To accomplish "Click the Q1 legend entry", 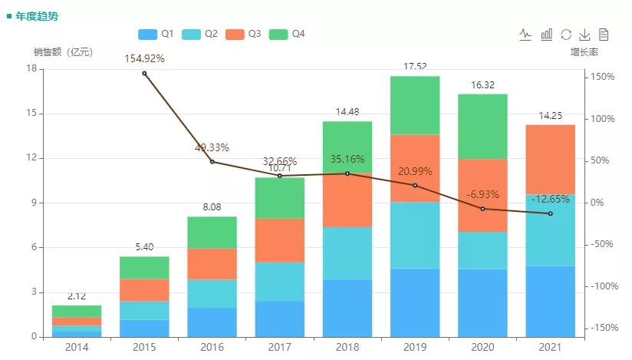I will [156, 35].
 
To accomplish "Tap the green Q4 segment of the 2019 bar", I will [415, 105].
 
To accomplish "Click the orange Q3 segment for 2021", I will [550, 160].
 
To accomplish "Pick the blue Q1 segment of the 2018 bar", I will [347, 308].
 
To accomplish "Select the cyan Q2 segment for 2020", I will [482, 250].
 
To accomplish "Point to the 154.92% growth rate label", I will [145, 58].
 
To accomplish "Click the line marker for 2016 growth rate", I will [212, 162].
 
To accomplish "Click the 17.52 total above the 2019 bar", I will [415, 67].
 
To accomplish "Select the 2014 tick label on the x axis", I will [77, 348].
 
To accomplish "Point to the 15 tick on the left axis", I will [31, 114].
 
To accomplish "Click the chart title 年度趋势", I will [36, 15].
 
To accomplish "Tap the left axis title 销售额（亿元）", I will [63, 52].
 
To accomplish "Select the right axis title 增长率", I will [584, 52].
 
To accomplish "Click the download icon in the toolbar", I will [584, 35].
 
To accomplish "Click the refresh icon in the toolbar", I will [566, 35].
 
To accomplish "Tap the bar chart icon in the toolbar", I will [547, 35].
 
